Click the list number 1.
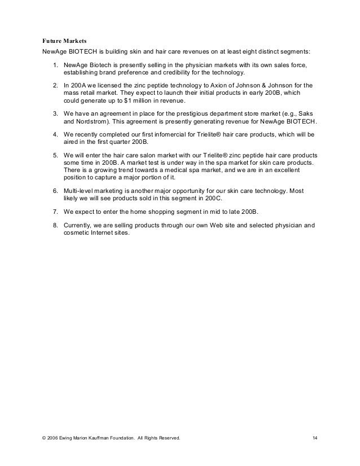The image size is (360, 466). point(55,65)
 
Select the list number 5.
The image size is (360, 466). point(55,155)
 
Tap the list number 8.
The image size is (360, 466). point(55,225)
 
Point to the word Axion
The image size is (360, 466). point(222,85)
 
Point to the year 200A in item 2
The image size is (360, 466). point(80,85)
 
